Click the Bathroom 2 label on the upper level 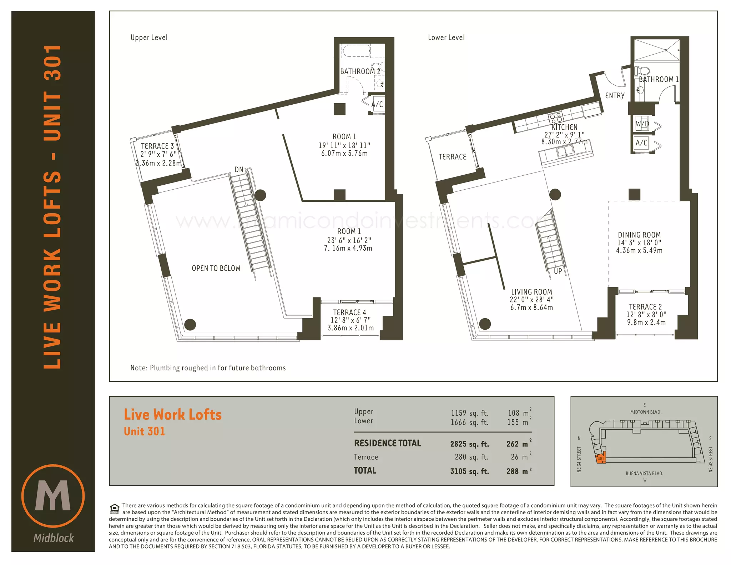360,71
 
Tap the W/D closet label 642,124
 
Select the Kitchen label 564,127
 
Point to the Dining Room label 639,235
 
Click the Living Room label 531,292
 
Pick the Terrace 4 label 349,312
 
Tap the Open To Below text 216,268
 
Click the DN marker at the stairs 239,170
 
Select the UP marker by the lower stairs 558,271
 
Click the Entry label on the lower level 615,96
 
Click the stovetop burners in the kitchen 556,117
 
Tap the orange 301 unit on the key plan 601,458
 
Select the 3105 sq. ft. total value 469,471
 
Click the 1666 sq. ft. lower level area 469,422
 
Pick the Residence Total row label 387,443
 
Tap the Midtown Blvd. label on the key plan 646,412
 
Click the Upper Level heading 149,37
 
